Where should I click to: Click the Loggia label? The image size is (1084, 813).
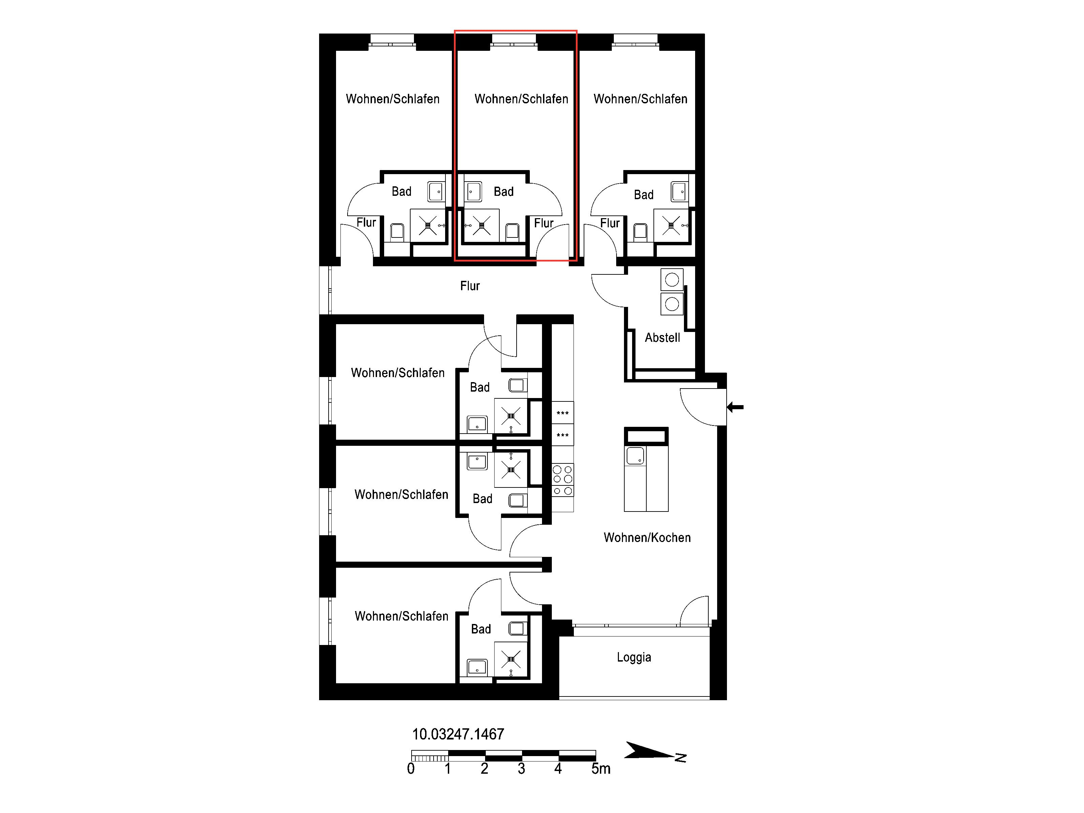[x=634, y=658]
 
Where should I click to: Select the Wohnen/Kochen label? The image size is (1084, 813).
[x=647, y=538]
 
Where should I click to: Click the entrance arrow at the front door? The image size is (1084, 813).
[x=735, y=407]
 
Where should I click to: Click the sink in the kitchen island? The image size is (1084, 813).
[x=635, y=456]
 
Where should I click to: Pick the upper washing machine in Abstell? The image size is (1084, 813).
[x=672, y=280]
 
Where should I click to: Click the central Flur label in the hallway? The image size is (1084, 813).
[x=470, y=286]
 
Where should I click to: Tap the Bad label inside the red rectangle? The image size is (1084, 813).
[x=503, y=192]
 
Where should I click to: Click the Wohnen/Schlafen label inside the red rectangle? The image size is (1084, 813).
[x=521, y=99]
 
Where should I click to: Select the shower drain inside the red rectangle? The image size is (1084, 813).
[x=481, y=225]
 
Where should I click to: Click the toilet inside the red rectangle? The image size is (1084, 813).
[x=512, y=232]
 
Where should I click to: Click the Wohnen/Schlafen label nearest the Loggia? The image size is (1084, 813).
[x=401, y=616]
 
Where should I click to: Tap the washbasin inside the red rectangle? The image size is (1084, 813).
[x=473, y=192]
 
